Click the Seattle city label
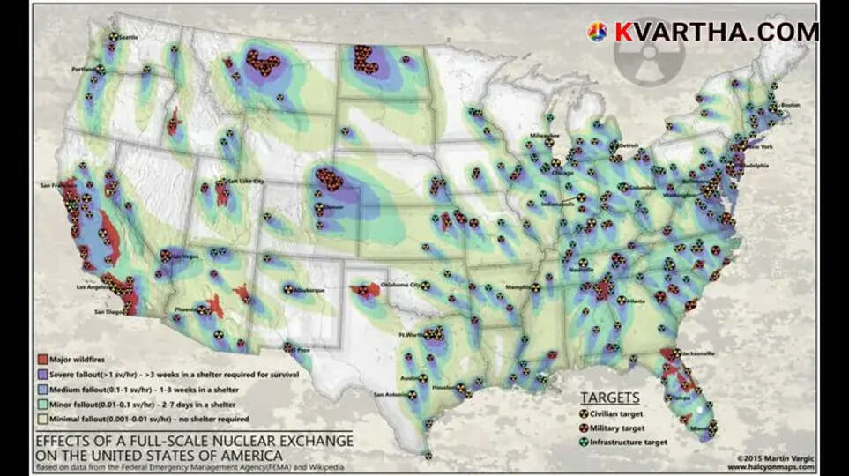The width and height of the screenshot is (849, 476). point(130,38)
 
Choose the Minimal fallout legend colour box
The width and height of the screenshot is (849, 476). point(41,419)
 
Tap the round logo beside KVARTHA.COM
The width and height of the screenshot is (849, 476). point(597,32)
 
